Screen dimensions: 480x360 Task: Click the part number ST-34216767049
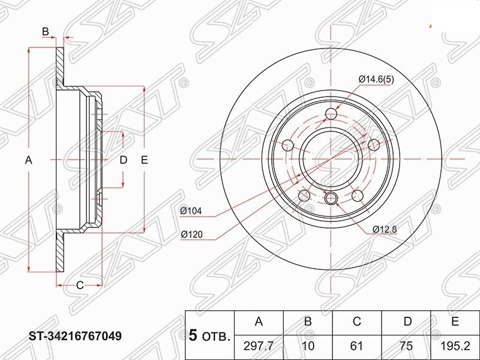coord(76,336)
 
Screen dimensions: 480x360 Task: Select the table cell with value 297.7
coord(259,346)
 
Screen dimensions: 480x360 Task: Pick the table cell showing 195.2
coord(455,346)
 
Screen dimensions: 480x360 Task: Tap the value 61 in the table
coord(357,346)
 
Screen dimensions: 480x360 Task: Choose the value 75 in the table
coord(406,346)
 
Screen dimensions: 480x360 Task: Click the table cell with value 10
coord(308,346)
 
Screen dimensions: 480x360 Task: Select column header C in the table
coord(357,322)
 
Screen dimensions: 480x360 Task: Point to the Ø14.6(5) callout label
coord(376,80)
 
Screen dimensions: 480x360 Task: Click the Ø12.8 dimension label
coord(385,229)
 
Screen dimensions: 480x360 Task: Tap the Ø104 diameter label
coord(191,211)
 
